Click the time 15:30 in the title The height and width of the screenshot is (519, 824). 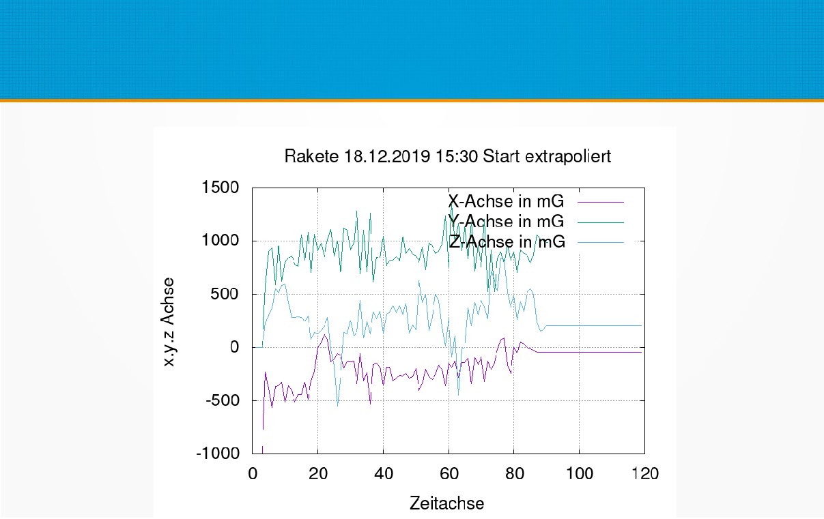pos(457,157)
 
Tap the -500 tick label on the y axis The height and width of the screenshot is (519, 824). pos(222,400)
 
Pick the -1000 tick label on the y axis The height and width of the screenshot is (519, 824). pos(218,454)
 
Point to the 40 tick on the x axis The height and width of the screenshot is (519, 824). pos(383,474)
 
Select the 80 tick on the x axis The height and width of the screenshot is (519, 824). pos(513,474)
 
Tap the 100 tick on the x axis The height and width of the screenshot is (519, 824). pos(579,474)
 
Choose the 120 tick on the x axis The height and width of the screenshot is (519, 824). pos(644,474)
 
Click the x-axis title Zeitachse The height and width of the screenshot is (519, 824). pos(447,504)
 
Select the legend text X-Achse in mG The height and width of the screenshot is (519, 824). pos(506,202)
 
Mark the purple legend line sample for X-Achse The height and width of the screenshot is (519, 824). pos(601,202)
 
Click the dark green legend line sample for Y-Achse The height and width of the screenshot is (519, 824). pos(601,222)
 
